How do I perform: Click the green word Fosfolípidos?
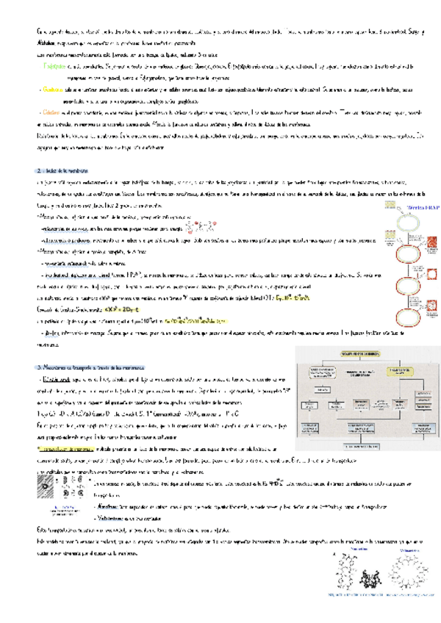57,66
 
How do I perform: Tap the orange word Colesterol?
53,111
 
